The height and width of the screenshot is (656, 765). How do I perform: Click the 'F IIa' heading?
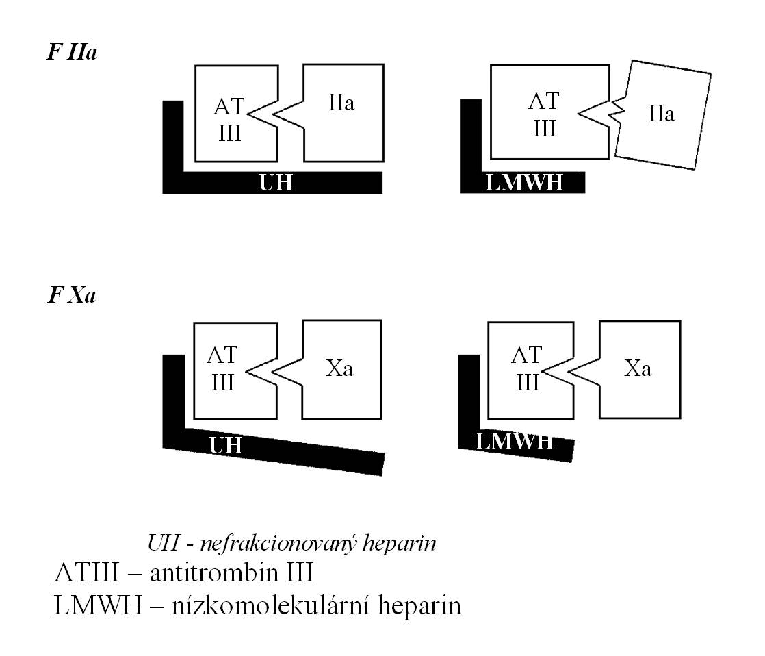point(72,52)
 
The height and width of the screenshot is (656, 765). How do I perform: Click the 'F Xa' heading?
point(72,295)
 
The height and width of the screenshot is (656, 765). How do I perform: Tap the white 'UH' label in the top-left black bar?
point(276,183)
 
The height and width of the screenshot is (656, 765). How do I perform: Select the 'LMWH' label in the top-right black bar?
point(524,183)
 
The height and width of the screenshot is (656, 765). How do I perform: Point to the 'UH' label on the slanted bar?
point(225,445)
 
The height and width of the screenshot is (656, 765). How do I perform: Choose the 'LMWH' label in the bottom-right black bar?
point(515,441)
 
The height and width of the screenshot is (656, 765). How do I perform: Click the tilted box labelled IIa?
point(662,115)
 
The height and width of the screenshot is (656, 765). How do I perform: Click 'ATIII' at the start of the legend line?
point(86,572)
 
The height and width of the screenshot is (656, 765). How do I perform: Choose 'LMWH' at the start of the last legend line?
point(98,606)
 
